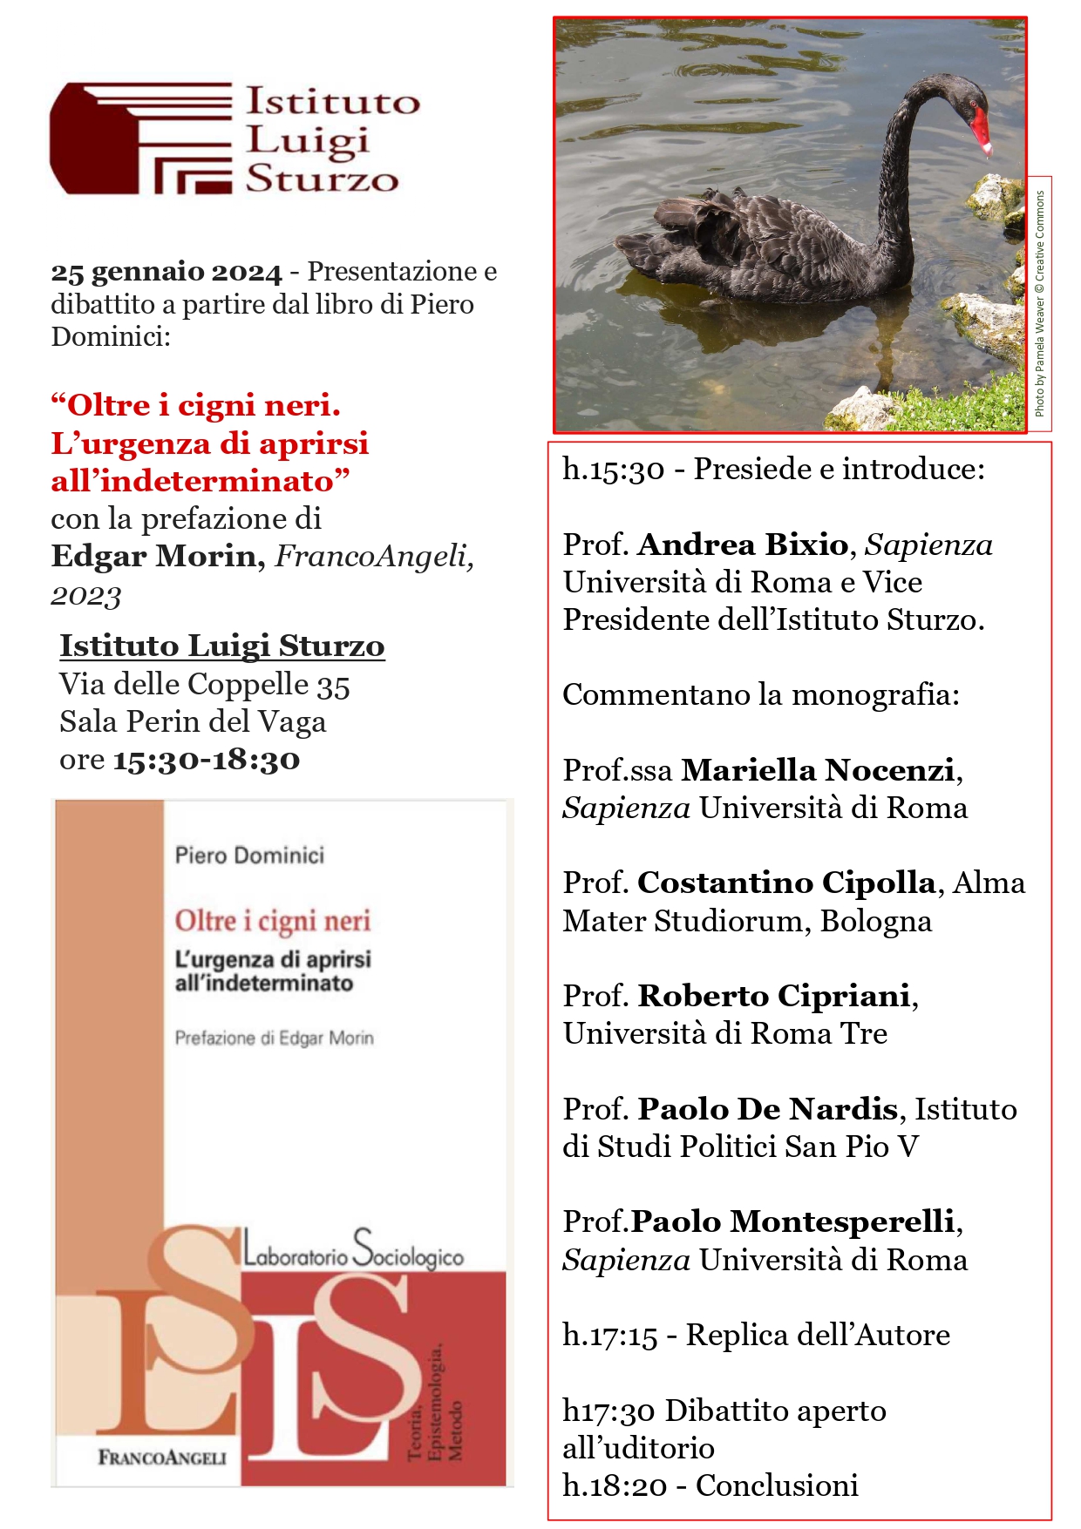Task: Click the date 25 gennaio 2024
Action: tap(167, 273)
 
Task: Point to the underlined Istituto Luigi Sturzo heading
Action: tap(221, 646)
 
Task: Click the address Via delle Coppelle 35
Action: tap(204, 686)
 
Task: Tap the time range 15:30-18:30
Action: tap(207, 760)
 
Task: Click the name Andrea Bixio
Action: tap(743, 545)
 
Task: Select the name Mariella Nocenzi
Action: tap(818, 770)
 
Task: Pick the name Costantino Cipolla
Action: tap(786, 883)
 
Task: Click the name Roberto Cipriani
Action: tap(774, 996)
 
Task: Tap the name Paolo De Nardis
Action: tap(767, 1109)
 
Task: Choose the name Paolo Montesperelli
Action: tap(792, 1222)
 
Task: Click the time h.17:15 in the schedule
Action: tap(609, 1336)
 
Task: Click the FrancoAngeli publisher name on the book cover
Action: tap(162, 1458)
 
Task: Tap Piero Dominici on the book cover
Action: tap(249, 856)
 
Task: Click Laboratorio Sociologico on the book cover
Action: tap(353, 1255)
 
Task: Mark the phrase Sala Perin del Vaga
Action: tap(193, 722)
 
